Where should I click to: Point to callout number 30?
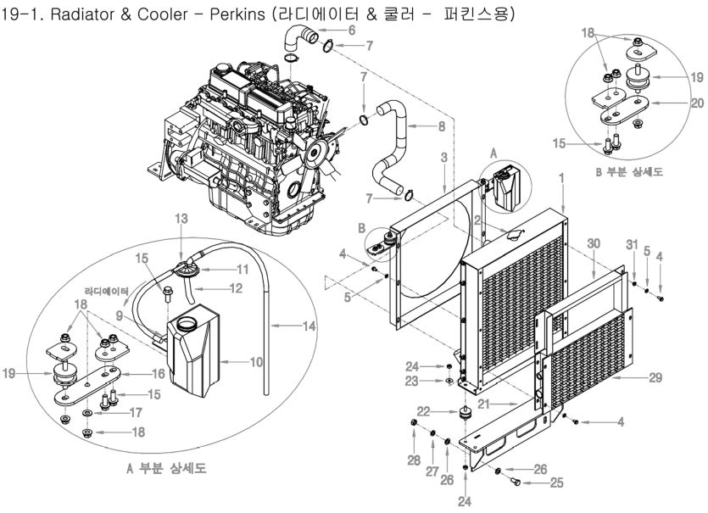(x=595, y=243)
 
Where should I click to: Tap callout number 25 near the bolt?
(x=532, y=482)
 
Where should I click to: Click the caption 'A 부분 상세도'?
(x=165, y=468)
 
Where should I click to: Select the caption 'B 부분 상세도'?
(x=629, y=171)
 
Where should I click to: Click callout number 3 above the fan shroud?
(x=443, y=159)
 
